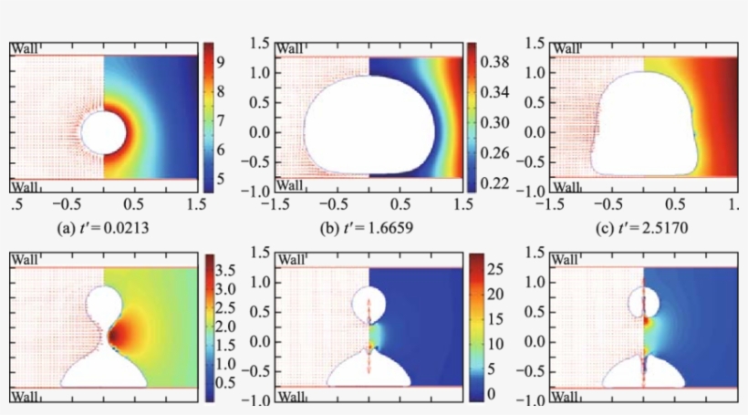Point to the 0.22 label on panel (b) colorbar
coord(494,183)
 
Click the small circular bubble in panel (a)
coord(103,134)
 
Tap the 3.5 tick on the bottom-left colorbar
coord(225,271)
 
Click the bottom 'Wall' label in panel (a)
coord(25,187)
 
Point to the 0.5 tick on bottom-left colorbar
coord(225,382)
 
